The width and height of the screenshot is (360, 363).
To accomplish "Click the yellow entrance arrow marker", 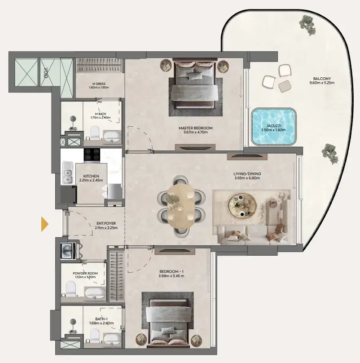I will coord(45,224).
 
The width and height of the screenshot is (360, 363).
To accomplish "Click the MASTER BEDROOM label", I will coord(198,128).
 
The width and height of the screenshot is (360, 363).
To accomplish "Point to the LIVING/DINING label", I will coord(247,173).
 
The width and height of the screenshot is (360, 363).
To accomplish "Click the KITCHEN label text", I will coord(91,176).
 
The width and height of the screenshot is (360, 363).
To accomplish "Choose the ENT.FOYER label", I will coord(107,223).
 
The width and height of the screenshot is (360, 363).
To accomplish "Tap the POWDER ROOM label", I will coord(85,273).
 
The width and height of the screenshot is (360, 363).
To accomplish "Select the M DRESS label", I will coord(99,83).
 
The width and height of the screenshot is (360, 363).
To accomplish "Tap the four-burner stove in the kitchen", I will coord(93,155).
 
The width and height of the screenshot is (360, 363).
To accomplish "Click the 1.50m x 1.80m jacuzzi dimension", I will coord(274,131).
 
